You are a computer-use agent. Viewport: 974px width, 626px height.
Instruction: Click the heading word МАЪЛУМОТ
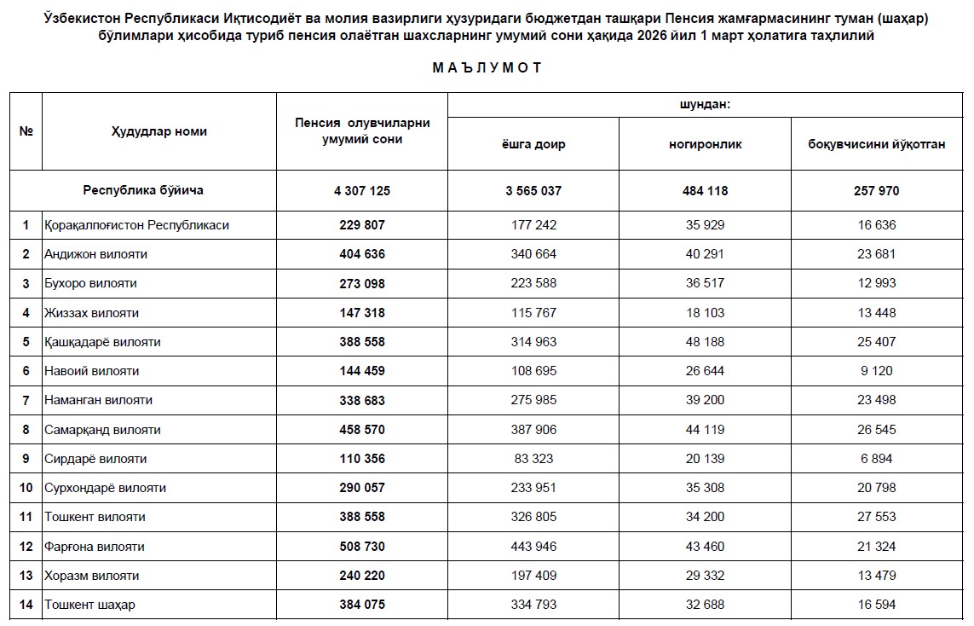(x=487, y=68)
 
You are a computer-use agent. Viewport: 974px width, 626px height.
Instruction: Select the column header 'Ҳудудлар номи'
(x=158, y=131)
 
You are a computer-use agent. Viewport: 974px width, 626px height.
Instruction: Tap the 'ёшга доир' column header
(x=533, y=144)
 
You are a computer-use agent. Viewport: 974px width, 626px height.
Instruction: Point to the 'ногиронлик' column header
(x=705, y=144)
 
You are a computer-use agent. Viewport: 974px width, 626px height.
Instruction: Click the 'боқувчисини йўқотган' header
(x=876, y=144)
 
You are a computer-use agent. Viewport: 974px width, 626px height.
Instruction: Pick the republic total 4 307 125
(x=362, y=191)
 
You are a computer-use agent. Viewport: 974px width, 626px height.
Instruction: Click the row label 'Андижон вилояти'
(x=96, y=254)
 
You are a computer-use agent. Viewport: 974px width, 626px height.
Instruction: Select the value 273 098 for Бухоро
(x=362, y=283)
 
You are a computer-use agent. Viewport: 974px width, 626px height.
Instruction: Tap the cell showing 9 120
(x=876, y=371)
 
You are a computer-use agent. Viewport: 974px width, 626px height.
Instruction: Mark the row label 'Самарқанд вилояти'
(x=102, y=430)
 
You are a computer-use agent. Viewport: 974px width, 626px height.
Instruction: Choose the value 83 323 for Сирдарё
(x=533, y=459)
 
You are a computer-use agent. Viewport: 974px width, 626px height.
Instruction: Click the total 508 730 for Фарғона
(x=362, y=547)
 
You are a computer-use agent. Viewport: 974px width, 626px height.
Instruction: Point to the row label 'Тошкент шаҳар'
(x=89, y=605)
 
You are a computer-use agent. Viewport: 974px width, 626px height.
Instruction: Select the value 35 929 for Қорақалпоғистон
(x=705, y=225)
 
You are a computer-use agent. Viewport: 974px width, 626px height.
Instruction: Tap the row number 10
(x=26, y=488)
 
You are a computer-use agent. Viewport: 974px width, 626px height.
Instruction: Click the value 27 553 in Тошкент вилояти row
(x=876, y=517)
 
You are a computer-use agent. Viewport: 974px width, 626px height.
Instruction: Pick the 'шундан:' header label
(x=705, y=104)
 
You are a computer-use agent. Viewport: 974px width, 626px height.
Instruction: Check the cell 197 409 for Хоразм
(x=533, y=576)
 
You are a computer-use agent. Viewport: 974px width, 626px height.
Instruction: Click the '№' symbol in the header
(x=26, y=131)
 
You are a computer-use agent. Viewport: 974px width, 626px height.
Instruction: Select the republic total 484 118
(x=705, y=191)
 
